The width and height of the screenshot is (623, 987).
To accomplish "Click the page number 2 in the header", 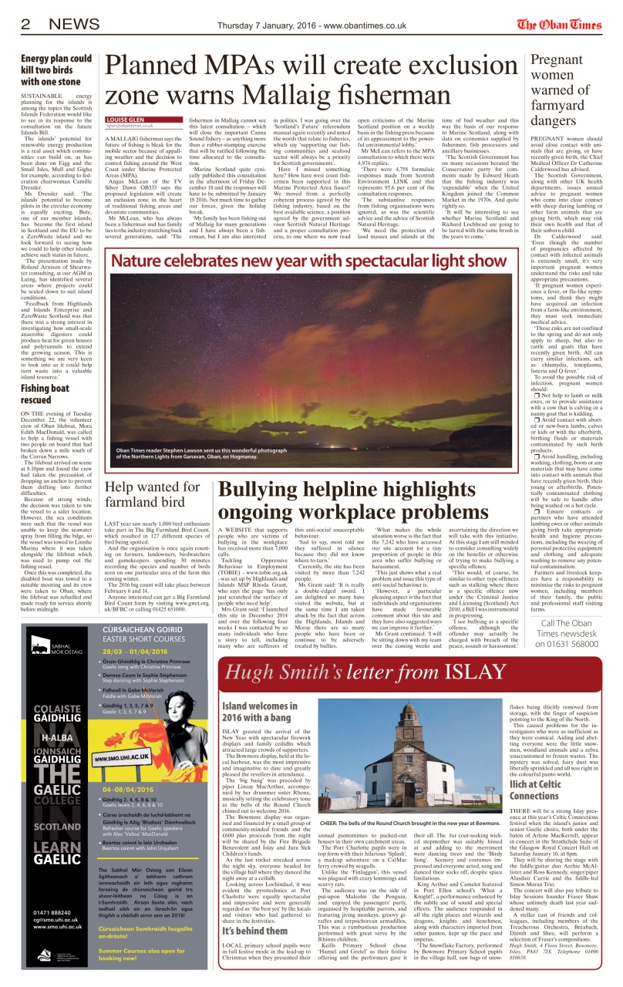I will click(26, 24).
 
